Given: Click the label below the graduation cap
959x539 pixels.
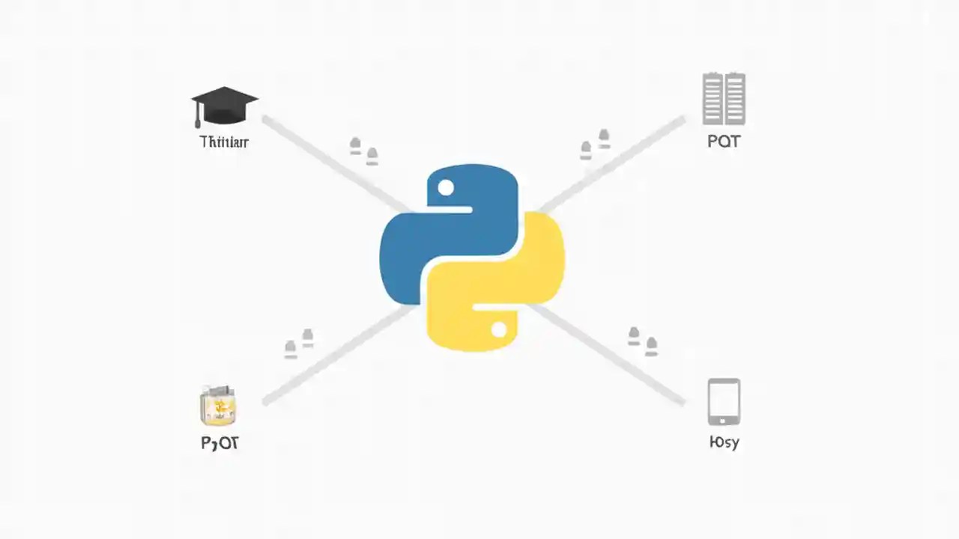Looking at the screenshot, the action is pos(224,141).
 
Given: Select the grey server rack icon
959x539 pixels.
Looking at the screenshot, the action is pos(724,99).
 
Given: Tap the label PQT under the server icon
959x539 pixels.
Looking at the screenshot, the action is pos(724,141).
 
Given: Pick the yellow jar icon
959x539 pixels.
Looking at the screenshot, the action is pos(219,406).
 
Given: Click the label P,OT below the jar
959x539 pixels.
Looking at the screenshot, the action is pos(220,443).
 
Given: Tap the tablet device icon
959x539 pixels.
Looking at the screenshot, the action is pos(724,402).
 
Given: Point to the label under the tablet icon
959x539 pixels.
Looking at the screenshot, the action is pos(724,442).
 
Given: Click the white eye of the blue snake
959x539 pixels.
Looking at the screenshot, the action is pos(446,187).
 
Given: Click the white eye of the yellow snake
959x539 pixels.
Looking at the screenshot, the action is pos(499,329).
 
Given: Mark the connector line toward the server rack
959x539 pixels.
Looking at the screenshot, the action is pos(614,160).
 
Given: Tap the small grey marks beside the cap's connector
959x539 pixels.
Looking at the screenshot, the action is pos(364,150).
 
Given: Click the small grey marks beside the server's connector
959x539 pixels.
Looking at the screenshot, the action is pos(595,144).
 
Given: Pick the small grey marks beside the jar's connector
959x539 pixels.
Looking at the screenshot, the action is pos(299,343).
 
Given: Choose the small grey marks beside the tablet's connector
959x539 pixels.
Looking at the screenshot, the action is pos(643,340).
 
